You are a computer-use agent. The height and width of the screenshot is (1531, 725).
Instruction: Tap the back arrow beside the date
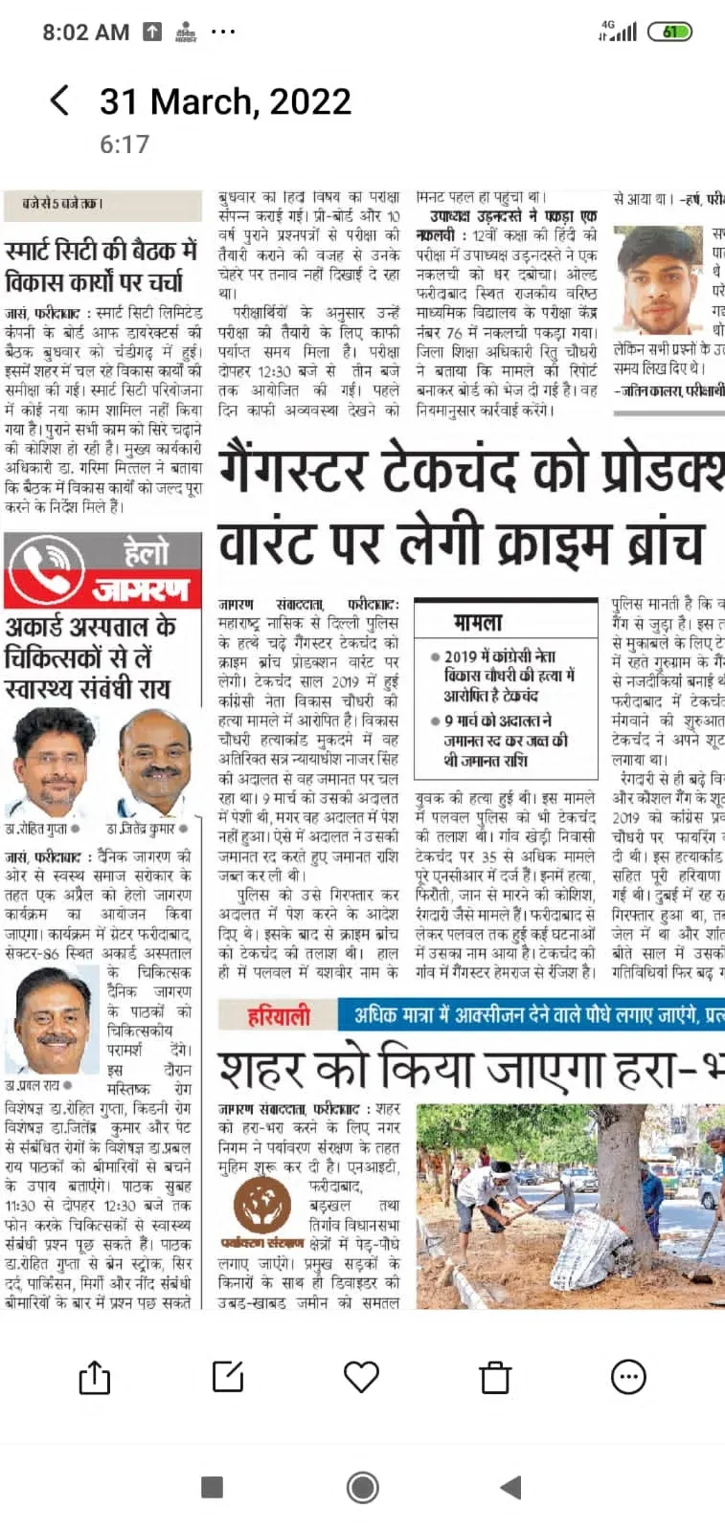coord(59,100)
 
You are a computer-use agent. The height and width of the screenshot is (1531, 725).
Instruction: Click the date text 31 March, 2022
coord(225,101)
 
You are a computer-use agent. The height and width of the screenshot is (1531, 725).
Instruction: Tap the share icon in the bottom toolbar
coord(94,1378)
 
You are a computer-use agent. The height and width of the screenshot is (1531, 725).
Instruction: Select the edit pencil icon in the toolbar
coord(228,1377)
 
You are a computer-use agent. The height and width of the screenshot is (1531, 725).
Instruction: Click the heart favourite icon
coord(361,1377)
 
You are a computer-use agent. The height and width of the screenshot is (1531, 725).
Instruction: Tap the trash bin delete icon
coord(495,1378)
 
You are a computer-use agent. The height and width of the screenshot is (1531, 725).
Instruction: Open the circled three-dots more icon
coord(628,1377)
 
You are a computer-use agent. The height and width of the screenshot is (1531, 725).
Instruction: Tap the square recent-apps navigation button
coord(213,1486)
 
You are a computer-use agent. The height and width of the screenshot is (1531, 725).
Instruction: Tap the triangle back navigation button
coord(511,1486)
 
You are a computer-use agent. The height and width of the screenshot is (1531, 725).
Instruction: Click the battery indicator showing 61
coord(669,32)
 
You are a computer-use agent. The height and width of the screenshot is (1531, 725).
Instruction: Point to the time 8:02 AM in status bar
coord(85,33)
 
